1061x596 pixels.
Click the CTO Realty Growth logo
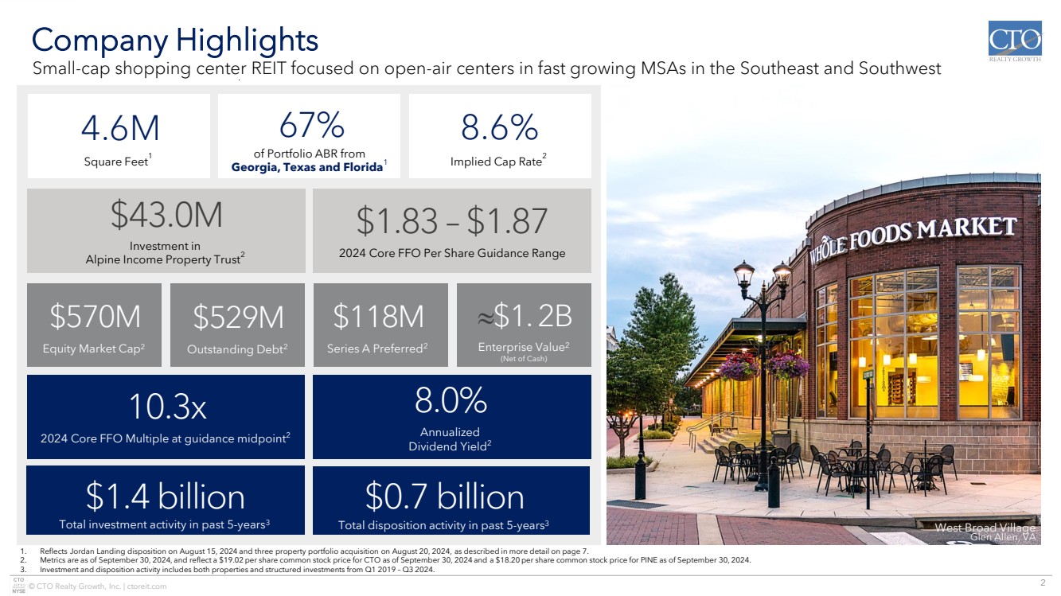click(1015, 41)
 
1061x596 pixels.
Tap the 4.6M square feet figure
click(120, 128)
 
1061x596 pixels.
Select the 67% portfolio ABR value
click(312, 125)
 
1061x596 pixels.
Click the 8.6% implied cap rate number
click(500, 127)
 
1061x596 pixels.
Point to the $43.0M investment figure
click(166, 215)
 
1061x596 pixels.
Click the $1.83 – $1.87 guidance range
click(452, 221)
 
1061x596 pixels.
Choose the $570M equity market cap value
click(96, 316)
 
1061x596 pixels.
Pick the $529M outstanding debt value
click(238, 317)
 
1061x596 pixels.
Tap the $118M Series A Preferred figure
click(378, 316)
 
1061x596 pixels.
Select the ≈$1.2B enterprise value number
click(525, 315)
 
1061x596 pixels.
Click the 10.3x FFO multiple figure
click(168, 407)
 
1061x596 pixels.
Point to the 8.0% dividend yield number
click(451, 400)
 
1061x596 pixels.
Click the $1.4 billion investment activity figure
click(166, 497)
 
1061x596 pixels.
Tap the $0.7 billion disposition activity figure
click(445, 497)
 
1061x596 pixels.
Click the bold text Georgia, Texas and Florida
click(307, 167)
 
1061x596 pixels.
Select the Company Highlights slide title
click(175, 40)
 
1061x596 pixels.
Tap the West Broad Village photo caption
click(985, 532)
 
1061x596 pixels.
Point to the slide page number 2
click(1043, 582)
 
